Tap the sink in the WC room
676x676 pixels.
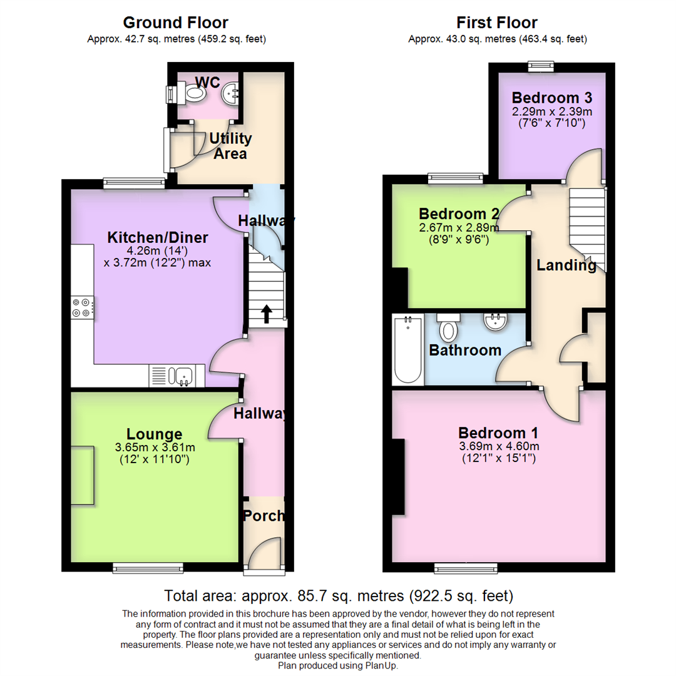pos(230,94)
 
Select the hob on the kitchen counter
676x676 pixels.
pos(83,306)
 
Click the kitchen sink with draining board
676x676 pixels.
pos(173,376)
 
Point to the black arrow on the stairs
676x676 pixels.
pos(266,314)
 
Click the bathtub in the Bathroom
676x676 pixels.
pos(407,350)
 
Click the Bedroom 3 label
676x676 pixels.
pos(551,98)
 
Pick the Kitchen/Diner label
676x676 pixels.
pos(158,238)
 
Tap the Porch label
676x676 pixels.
pos(264,516)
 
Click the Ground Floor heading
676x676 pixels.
pos(175,23)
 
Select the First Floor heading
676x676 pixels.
pos(496,23)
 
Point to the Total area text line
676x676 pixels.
pos(338,595)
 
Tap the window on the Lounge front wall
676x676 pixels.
pos(148,568)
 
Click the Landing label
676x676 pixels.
pos(566,265)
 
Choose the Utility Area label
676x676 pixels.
pos(230,146)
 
